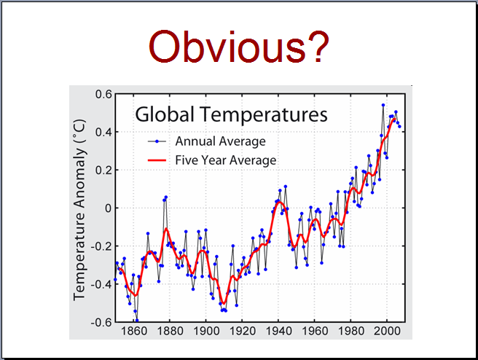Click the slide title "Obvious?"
239,46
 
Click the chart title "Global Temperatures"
231,114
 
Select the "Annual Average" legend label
220,141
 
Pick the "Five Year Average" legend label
226,160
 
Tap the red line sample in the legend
157,160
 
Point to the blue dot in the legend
157,141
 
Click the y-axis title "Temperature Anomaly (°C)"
79,210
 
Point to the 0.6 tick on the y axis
103,94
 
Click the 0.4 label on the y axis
103,133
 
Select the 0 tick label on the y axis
109,208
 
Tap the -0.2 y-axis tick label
101,246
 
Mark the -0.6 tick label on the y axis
101,322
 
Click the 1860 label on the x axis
134,331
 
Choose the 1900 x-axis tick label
206,331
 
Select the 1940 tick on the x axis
278,331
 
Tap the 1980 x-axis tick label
351,331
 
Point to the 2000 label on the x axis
387,331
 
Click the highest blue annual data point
383,105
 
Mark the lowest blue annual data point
137,321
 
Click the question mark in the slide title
319,46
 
